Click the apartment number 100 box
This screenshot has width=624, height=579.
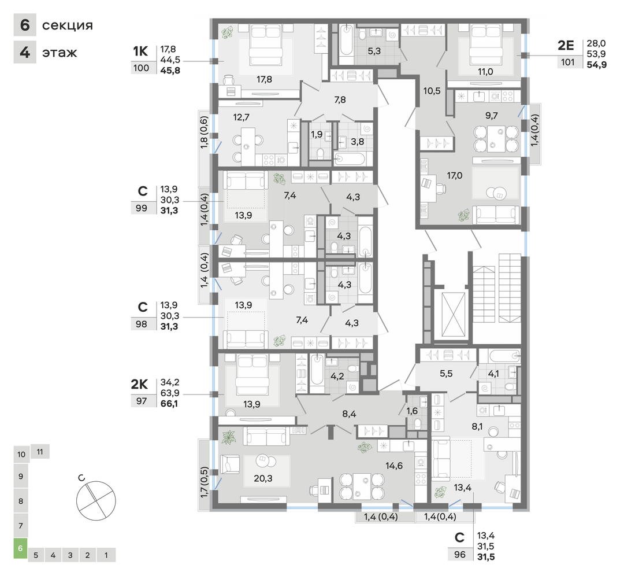(x=142, y=68)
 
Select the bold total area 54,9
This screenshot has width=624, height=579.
(x=596, y=65)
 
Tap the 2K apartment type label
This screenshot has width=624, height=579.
(x=139, y=384)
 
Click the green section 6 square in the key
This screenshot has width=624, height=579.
(x=20, y=548)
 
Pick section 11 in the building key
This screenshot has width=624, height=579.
(x=40, y=452)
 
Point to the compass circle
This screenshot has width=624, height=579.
(x=96, y=500)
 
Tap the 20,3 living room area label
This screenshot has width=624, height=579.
(x=263, y=478)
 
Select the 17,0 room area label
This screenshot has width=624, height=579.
(x=455, y=175)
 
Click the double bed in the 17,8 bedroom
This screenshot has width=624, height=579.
(x=266, y=44)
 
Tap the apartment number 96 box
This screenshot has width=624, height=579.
(x=460, y=554)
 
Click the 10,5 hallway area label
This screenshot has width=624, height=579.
(x=432, y=91)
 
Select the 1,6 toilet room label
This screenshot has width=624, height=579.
(x=412, y=411)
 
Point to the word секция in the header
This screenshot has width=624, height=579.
(x=68, y=25)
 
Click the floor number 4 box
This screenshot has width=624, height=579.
(x=25, y=52)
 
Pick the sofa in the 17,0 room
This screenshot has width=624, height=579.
(x=496, y=215)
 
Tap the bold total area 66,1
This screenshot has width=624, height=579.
(x=169, y=404)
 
